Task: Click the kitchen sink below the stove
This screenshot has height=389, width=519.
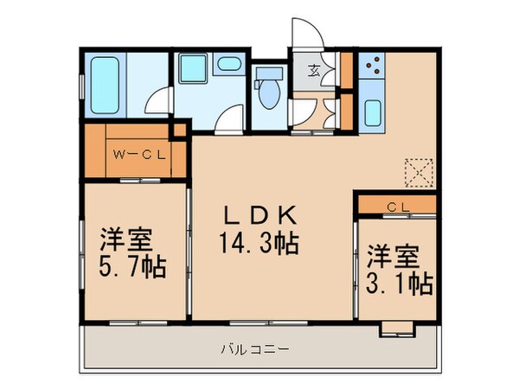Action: [x=374, y=111]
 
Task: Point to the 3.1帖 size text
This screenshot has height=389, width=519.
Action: [x=397, y=282]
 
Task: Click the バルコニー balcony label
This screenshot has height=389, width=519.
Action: [x=256, y=349]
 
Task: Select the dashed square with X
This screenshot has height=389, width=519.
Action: [x=419, y=170]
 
